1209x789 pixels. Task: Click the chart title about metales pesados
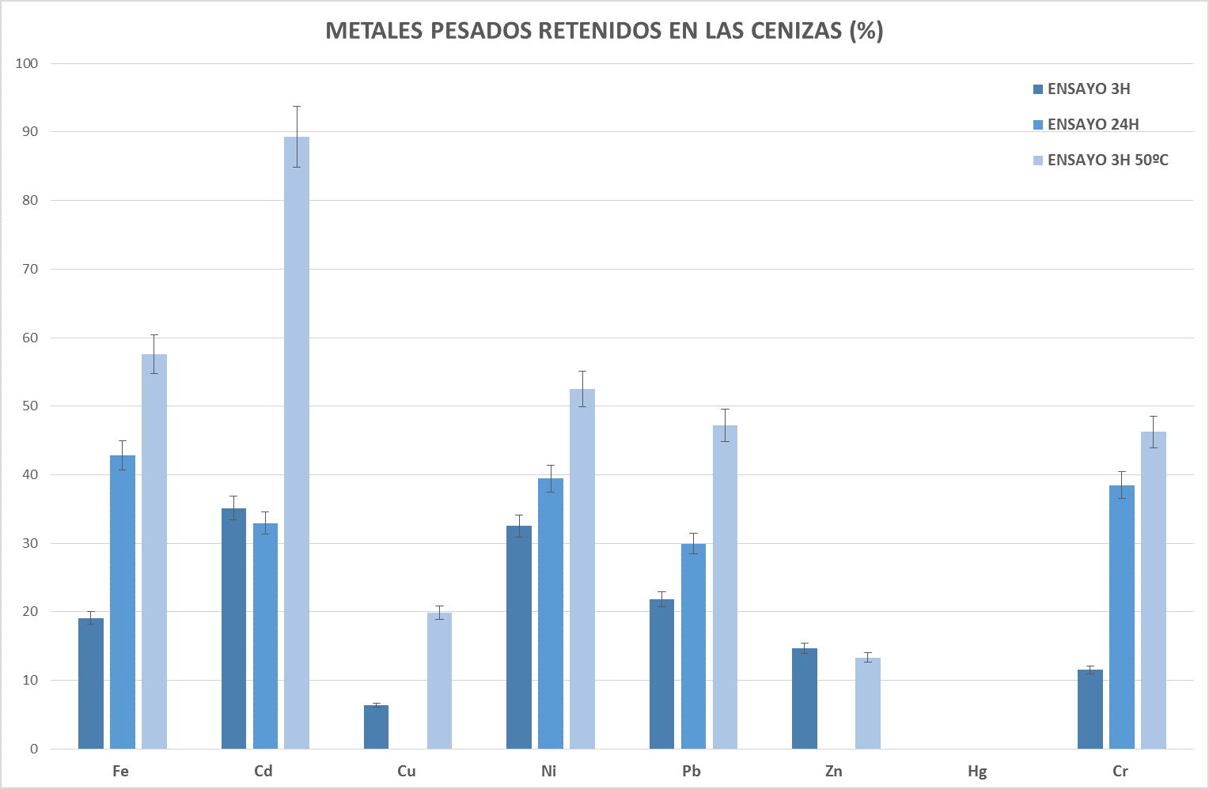pyautogui.click(x=604, y=31)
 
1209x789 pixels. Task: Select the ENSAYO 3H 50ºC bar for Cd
pyautogui.click(x=297, y=443)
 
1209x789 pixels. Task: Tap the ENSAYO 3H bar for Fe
pyautogui.click(x=91, y=684)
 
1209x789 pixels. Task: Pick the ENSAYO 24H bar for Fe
pyautogui.click(x=123, y=602)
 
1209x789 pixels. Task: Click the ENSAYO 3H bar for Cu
pyautogui.click(x=376, y=727)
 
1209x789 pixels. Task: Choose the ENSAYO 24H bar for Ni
pyautogui.click(x=551, y=613)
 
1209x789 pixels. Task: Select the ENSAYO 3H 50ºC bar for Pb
pyautogui.click(x=725, y=587)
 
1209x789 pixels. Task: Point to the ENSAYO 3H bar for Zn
pyautogui.click(x=804, y=699)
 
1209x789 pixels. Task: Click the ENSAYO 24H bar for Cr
pyautogui.click(x=1121, y=617)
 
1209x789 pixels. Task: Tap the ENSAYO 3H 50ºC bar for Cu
pyautogui.click(x=439, y=681)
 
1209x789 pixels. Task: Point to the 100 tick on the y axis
pyautogui.click(x=27, y=63)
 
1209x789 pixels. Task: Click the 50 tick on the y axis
pyautogui.click(x=30, y=406)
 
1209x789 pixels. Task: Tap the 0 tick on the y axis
pyautogui.click(x=34, y=749)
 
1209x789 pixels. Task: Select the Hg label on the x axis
pyautogui.click(x=977, y=772)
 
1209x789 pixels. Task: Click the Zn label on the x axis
pyautogui.click(x=834, y=772)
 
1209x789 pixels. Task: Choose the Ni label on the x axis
pyautogui.click(x=549, y=772)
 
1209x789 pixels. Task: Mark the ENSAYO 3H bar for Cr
pyautogui.click(x=1090, y=709)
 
